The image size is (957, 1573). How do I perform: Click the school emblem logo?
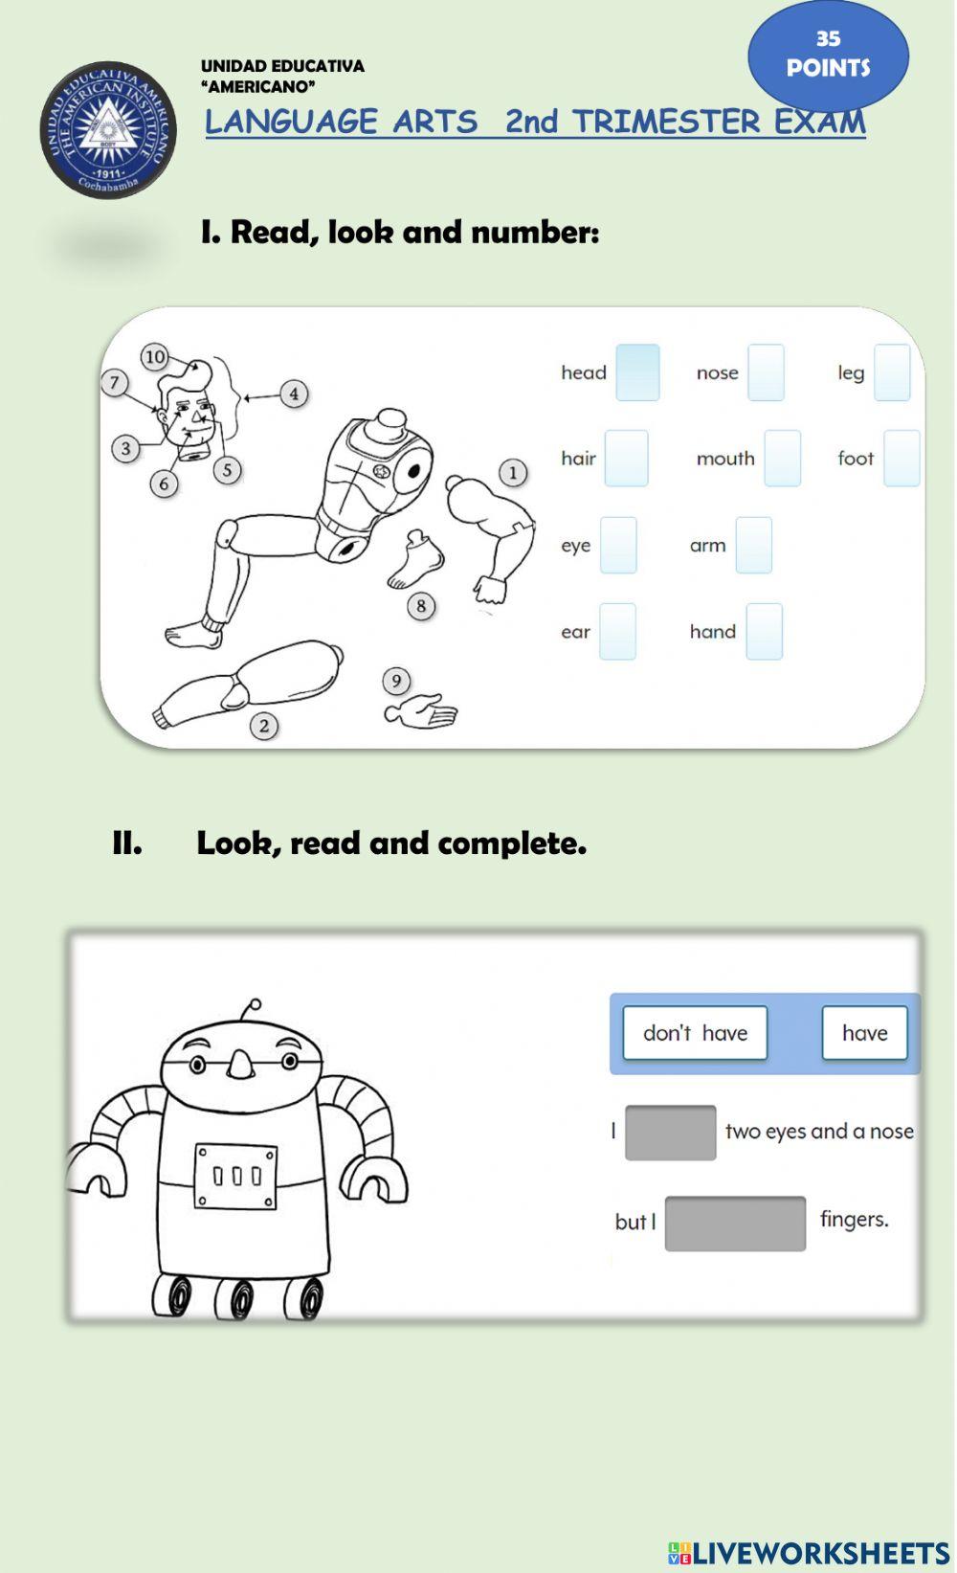[108, 129]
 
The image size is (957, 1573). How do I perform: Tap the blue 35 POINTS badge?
[828, 55]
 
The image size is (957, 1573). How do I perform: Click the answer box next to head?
[637, 372]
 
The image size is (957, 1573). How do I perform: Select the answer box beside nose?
[766, 372]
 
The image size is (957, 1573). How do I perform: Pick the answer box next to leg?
[892, 372]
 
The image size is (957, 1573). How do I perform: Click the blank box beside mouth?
[782, 459]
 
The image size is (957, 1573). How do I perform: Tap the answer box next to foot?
[901, 459]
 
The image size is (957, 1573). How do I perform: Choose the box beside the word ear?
[617, 632]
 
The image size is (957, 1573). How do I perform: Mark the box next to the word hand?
[764, 632]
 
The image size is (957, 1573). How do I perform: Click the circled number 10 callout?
[155, 357]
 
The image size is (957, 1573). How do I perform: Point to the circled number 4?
[294, 393]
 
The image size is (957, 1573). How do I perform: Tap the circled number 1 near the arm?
[513, 472]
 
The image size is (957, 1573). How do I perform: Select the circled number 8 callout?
[421, 606]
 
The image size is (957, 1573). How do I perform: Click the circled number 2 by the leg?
[264, 727]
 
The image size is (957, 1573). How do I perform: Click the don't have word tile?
[695, 1033]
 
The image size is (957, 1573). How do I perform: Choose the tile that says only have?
[864, 1033]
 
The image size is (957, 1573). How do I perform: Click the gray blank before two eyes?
[670, 1133]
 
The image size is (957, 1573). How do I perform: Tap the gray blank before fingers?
[735, 1224]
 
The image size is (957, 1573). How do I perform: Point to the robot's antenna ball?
[254, 1006]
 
